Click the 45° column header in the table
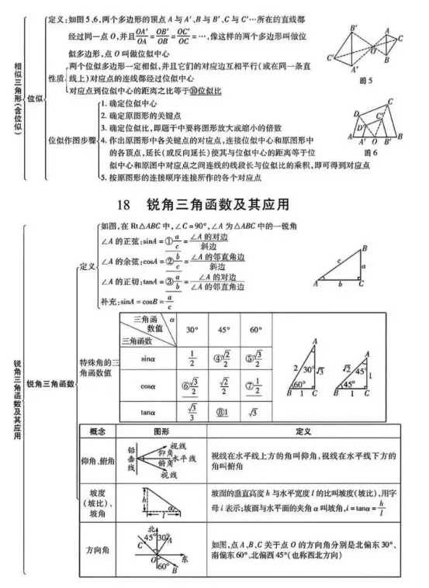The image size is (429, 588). [224, 329]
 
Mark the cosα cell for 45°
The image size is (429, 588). [224, 386]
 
